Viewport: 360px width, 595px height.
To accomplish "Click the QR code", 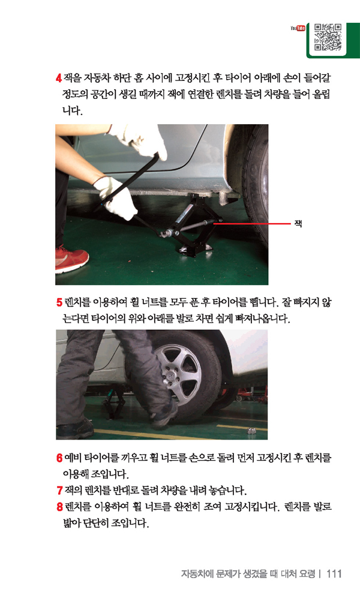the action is [328, 38].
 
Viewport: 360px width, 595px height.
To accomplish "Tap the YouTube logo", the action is [298, 28].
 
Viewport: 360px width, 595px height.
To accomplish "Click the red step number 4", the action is [58, 79].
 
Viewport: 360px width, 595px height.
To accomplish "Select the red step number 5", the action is [59, 302].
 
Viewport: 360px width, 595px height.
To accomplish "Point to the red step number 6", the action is [59, 458].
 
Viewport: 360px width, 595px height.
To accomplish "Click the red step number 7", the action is [59, 490].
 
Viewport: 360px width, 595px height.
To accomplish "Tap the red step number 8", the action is [59, 507].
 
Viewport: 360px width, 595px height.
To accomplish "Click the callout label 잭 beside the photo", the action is [298, 224].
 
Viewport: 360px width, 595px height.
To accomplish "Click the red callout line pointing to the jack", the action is [251, 224].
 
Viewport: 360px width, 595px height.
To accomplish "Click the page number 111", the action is [334, 573].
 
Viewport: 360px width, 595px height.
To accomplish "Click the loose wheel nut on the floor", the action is [250, 430].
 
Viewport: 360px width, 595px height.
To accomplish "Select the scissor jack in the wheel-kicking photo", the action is [114, 402].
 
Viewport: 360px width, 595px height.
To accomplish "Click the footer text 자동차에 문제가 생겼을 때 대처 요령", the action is [248, 573].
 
